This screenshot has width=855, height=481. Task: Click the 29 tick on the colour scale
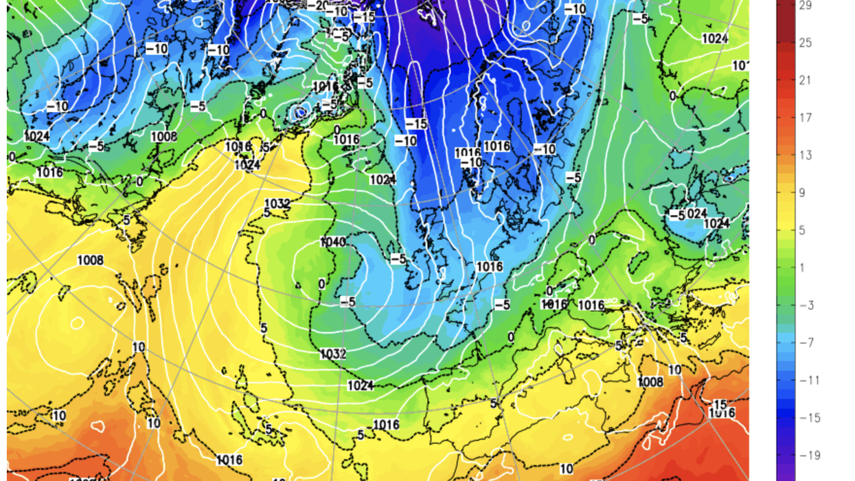click(806, 5)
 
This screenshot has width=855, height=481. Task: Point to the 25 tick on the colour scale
click(806, 43)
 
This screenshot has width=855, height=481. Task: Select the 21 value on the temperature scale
click(806, 80)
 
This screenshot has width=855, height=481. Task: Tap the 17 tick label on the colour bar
click(806, 118)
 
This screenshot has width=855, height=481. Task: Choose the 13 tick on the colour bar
click(806, 155)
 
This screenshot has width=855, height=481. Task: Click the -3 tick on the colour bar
click(806, 305)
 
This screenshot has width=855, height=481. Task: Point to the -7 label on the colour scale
click(806, 343)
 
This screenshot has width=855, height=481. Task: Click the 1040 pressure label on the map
click(332, 243)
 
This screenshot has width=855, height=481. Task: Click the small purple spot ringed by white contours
click(299, 111)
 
